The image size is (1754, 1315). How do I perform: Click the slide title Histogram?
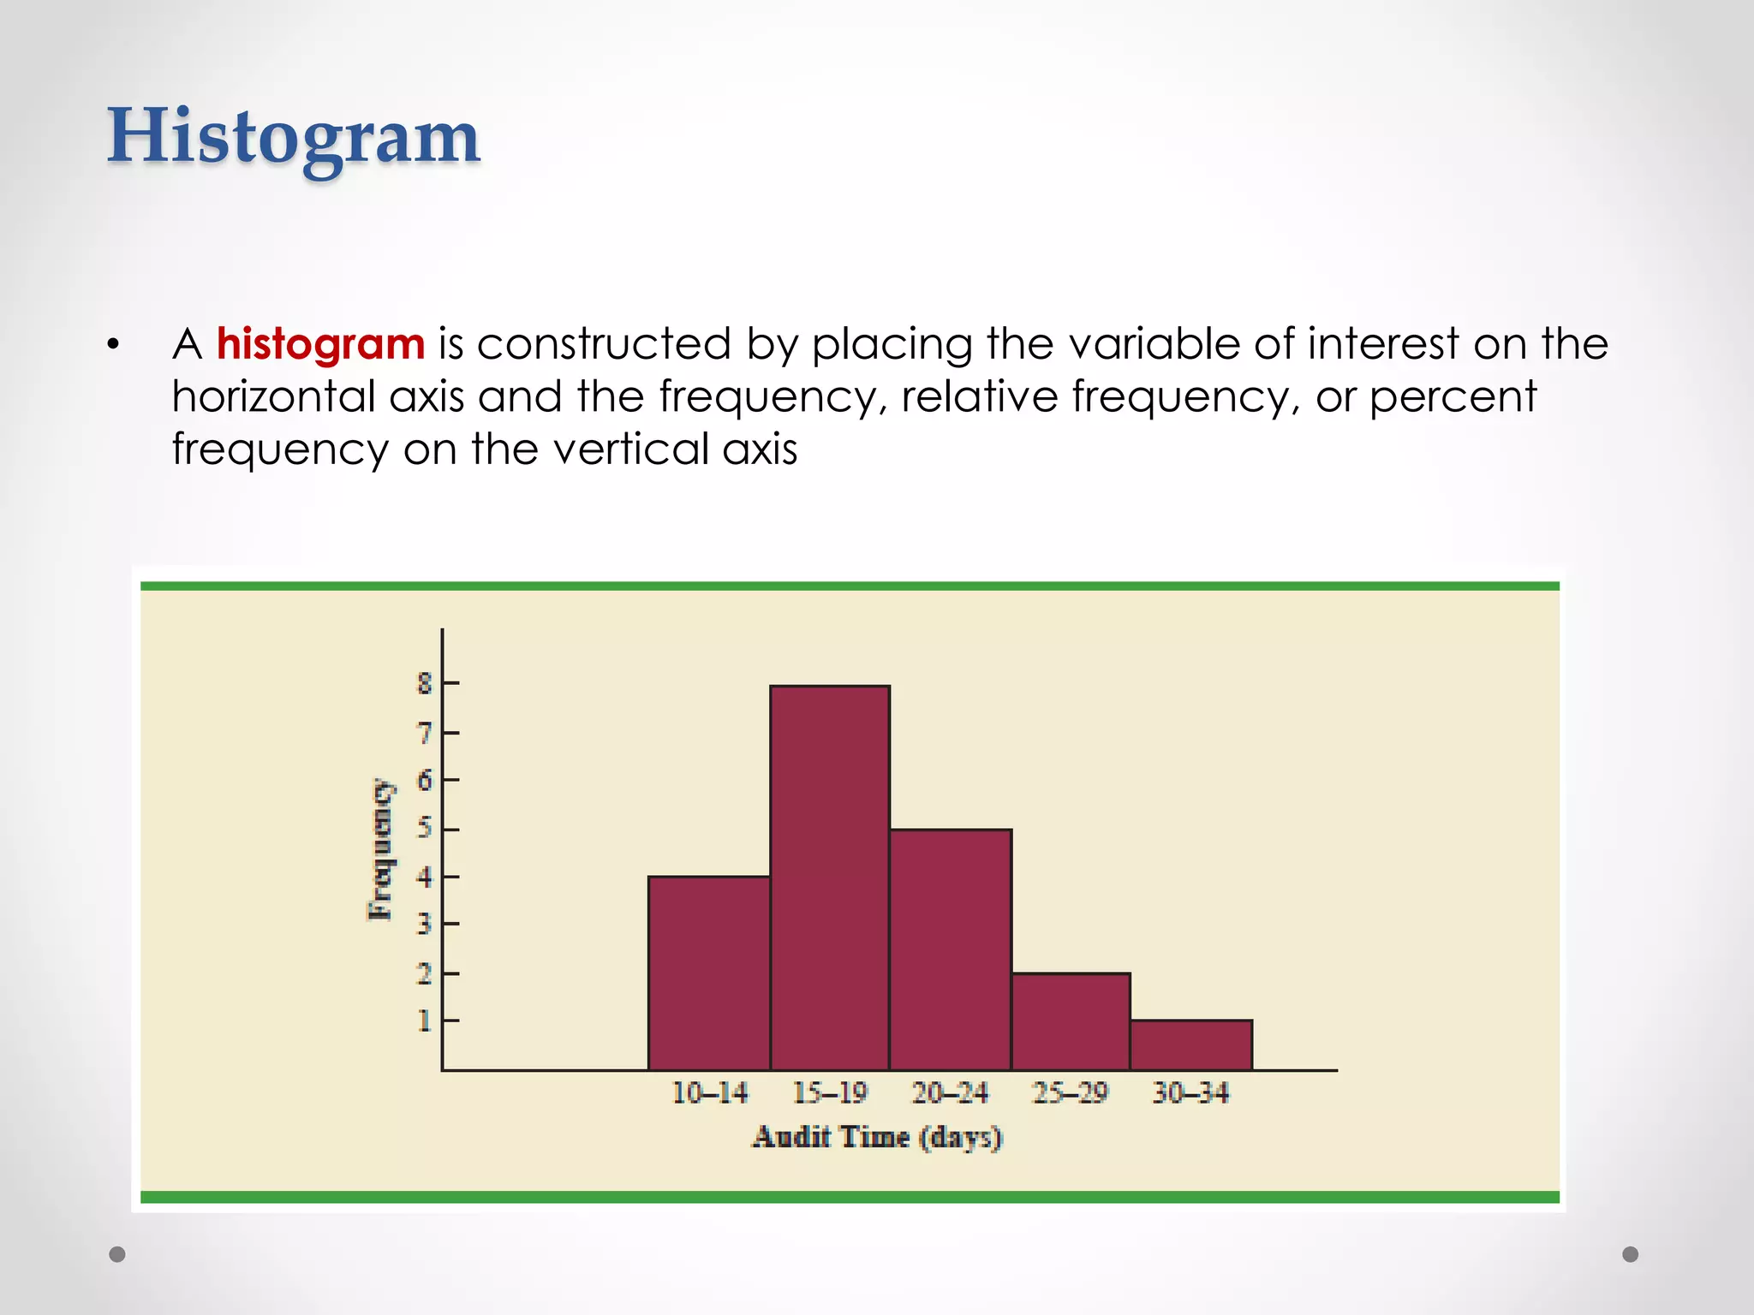(293, 137)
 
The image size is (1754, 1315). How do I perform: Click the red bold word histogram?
(320, 344)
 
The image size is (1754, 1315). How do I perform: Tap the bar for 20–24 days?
(950, 949)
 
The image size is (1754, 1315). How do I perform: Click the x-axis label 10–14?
(709, 1093)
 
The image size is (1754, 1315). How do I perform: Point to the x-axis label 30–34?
(1190, 1093)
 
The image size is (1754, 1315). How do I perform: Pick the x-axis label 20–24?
(950, 1093)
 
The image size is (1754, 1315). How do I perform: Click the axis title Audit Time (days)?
(877, 1138)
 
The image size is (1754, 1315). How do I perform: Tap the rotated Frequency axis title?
(381, 849)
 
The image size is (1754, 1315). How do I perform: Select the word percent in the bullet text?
(1453, 396)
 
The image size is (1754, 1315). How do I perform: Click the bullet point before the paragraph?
(114, 346)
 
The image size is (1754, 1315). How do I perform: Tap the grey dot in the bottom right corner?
(1631, 1254)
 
